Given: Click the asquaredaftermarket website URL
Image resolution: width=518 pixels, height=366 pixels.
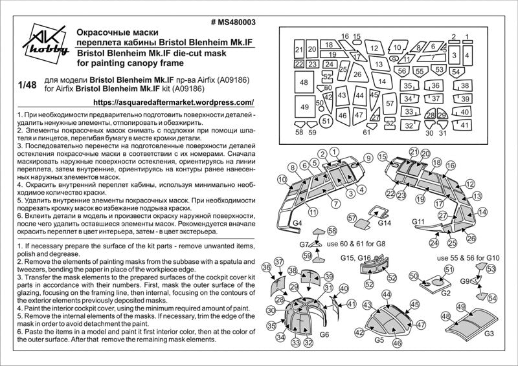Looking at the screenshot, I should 174,102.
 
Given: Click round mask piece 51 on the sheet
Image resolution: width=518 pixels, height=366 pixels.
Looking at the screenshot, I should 326,120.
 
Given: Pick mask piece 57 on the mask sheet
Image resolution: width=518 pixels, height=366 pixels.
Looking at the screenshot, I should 390,103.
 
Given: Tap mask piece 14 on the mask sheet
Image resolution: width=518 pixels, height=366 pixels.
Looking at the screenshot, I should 382,82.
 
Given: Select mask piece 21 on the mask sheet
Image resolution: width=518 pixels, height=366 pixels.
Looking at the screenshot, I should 298,50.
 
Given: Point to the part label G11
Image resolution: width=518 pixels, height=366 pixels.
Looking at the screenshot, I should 418,222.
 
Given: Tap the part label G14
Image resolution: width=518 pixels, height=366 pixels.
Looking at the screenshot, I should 385,223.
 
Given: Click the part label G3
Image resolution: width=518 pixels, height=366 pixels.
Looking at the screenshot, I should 488,334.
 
